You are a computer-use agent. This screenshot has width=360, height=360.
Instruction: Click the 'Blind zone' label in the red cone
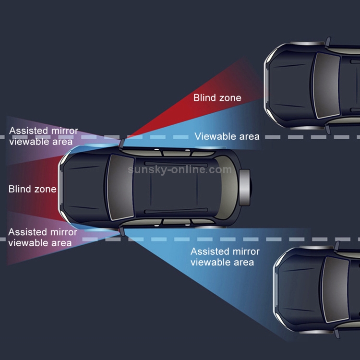pos(217,98)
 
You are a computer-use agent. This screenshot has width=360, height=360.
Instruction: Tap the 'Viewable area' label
pos(227,137)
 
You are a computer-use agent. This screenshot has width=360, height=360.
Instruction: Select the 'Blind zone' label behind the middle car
pos(32,189)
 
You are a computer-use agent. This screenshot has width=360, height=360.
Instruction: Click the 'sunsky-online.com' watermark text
pos(180,169)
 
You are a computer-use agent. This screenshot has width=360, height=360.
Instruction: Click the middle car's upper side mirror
pos(123,141)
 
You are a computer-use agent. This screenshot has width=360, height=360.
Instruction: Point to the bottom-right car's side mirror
pos(336,246)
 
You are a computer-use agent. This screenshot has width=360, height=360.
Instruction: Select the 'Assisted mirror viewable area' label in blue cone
pos(225,257)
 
